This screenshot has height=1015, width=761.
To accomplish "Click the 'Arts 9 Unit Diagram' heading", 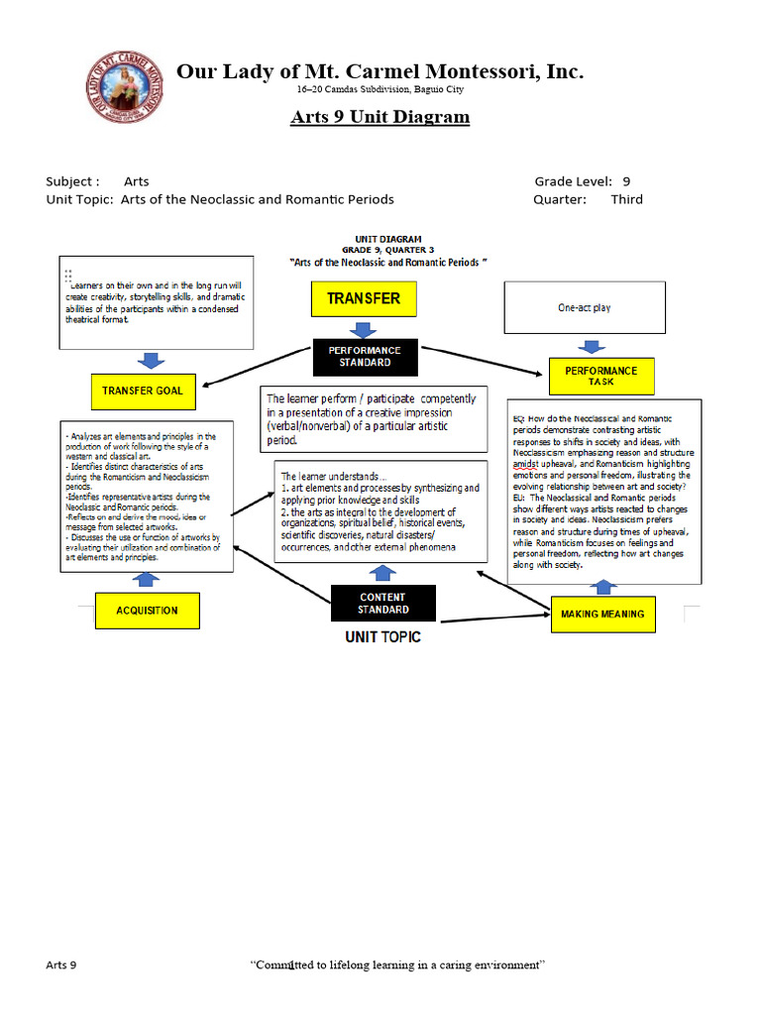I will point(380,117).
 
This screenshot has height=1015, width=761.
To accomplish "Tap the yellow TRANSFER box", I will point(364,298).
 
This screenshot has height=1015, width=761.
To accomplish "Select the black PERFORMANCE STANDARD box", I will point(365,357).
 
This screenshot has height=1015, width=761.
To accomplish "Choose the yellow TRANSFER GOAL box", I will point(142,391).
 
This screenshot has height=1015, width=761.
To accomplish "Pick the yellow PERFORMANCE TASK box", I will point(600,376).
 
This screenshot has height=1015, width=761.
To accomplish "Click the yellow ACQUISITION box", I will point(147,611).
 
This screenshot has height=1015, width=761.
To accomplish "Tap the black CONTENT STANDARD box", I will point(382,604).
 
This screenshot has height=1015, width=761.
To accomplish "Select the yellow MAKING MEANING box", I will point(601,614).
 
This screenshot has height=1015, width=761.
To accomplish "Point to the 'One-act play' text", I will point(585,308).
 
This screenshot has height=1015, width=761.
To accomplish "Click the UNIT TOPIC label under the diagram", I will point(382,636).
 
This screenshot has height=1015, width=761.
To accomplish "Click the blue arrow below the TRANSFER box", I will point(364,328).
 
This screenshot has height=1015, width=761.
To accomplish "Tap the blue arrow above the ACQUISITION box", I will point(147,580).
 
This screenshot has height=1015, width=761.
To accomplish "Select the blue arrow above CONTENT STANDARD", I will point(382,572).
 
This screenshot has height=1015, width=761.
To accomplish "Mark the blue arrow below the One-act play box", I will point(592,346).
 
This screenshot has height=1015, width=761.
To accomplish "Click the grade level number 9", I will point(626,181).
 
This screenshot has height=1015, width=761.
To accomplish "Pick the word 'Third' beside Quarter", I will point(626,199).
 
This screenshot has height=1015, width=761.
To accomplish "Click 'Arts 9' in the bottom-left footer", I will point(61,964).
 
